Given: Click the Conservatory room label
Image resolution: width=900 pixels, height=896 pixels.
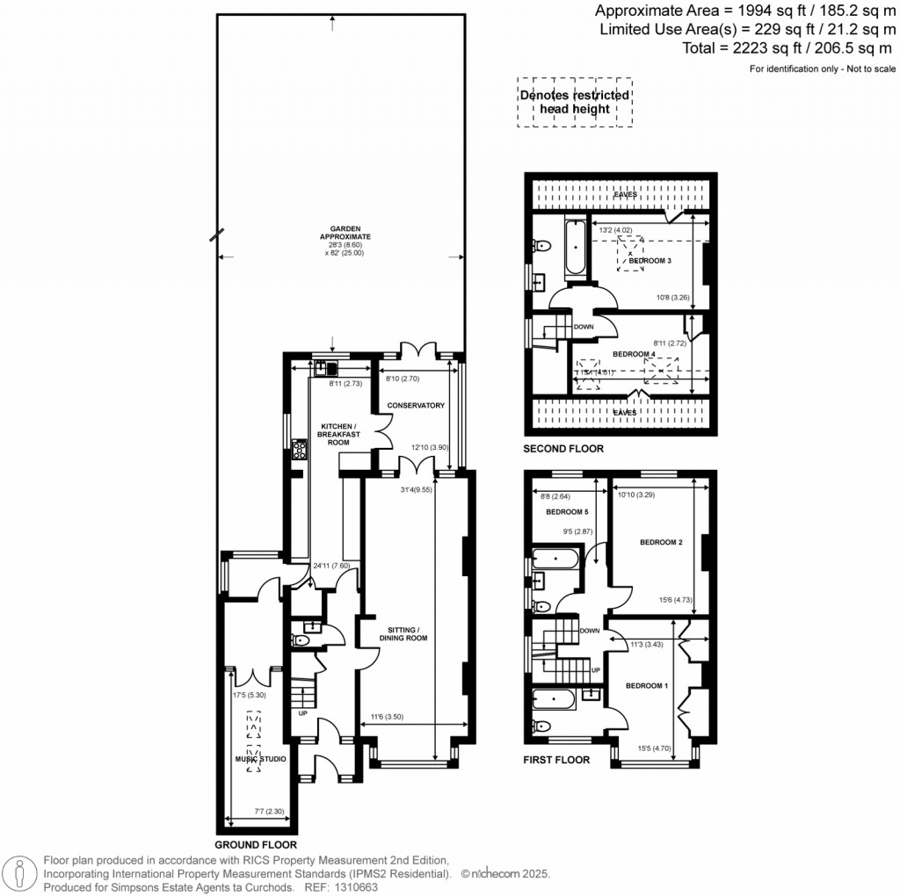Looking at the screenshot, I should coord(417,405).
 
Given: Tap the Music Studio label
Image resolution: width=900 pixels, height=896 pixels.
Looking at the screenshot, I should coord(260,759).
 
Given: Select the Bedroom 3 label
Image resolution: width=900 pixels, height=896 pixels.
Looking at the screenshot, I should coord(650,262).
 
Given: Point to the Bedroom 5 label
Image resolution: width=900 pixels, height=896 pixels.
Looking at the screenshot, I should coord(566,512).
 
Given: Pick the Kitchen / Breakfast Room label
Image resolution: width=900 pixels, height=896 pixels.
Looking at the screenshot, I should coord(339,434).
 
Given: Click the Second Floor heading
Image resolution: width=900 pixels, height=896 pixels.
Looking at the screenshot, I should coord(563,449).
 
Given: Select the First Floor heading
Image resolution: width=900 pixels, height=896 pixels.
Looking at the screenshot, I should coord(556,760).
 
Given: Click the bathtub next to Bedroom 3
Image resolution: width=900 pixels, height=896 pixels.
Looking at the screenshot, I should coord(574,249).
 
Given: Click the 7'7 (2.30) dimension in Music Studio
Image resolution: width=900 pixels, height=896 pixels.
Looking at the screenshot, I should coord(253,811).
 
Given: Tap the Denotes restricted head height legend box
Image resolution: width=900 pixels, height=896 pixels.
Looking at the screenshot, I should coord(575,102).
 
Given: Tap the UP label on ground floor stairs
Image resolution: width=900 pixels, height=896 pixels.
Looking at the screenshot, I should coord(303,713).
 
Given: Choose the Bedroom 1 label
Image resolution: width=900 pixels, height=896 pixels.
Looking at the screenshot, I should coord(647,685).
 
